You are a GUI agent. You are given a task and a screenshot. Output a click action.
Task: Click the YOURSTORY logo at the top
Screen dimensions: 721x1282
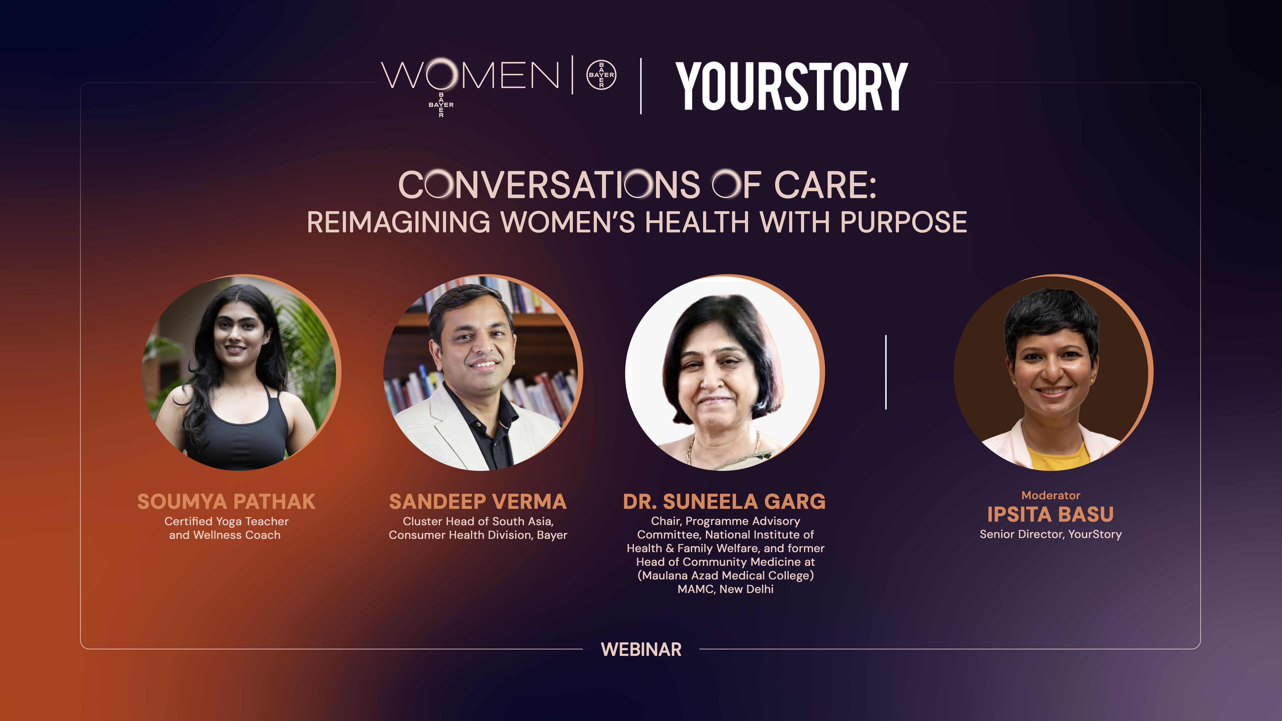click(x=791, y=86)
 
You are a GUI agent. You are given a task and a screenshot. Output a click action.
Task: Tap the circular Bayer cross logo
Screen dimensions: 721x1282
click(x=601, y=75)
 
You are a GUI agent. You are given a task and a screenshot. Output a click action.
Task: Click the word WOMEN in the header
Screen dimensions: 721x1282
click(x=470, y=76)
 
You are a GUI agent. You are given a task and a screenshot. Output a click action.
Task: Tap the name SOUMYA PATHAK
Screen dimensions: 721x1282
click(x=226, y=501)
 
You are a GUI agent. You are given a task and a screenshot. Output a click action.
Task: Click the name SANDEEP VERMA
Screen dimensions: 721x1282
click(x=478, y=501)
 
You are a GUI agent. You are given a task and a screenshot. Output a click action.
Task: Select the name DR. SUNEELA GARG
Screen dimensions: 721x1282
click(x=724, y=501)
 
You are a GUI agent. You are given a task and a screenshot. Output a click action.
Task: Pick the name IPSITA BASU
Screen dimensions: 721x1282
click(x=1050, y=514)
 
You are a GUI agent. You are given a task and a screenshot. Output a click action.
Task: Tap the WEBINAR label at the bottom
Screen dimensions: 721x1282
click(x=641, y=649)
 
